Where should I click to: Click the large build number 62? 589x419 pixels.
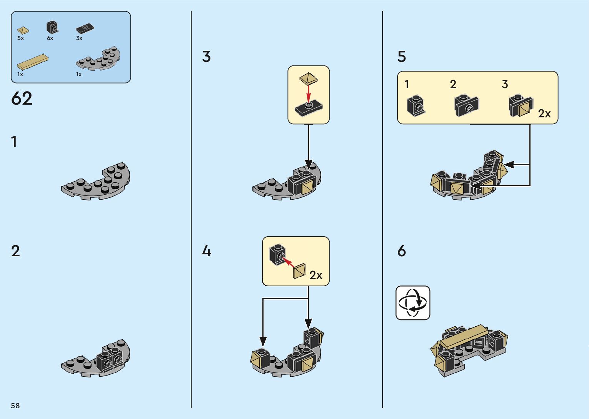(22, 98)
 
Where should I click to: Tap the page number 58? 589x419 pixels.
(15, 406)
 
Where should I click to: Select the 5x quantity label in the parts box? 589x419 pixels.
(20, 38)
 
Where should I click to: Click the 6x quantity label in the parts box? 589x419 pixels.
(50, 38)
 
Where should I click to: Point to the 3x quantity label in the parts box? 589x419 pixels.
(79, 38)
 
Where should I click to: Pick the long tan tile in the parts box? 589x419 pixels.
(33, 61)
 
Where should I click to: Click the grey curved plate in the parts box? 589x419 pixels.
(98, 59)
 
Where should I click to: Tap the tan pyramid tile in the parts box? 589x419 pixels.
(23, 30)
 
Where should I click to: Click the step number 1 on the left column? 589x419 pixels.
(14, 142)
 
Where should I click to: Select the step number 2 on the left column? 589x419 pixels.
(15, 251)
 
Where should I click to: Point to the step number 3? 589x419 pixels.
(206, 57)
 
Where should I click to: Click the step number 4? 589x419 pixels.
(207, 251)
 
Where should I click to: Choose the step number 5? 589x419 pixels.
(402, 57)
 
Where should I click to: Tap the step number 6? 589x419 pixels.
(402, 251)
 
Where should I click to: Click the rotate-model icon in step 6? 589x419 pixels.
(413, 303)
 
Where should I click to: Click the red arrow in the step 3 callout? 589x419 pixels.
(308, 94)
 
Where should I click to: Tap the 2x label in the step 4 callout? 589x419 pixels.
(316, 275)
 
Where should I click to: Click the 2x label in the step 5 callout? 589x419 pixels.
(544, 114)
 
